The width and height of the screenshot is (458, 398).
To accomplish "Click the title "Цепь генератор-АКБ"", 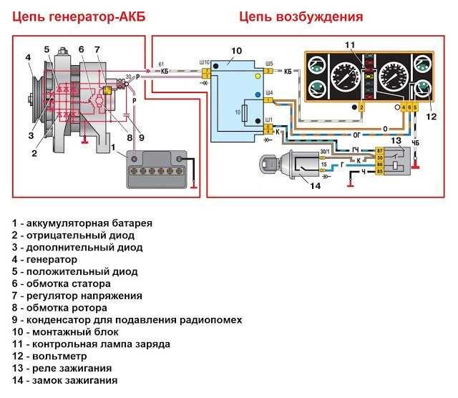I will tap(78, 16).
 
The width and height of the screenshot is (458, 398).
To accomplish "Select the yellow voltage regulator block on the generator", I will tap(106, 90).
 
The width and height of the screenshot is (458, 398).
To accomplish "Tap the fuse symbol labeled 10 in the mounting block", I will tap(247, 113).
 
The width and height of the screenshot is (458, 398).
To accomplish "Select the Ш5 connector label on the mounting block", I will tap(268, 63).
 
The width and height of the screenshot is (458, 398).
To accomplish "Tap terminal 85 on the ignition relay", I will tap(379, 172).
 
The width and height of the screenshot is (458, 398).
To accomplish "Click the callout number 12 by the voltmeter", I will tap(430, 117).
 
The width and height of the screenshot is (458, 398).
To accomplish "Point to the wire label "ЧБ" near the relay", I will tap(415, 142).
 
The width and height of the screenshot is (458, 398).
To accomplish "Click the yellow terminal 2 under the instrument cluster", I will tap(361, 107).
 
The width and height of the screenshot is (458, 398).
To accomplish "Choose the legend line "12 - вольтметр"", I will tap(49, 356).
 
